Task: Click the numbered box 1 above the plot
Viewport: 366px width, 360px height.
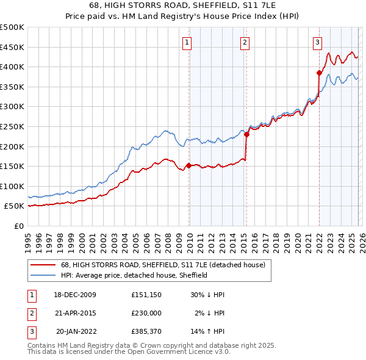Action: tap(186, 43)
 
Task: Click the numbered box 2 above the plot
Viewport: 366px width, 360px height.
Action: tap(245, 43)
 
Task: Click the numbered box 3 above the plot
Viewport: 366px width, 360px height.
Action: tap(318, 43)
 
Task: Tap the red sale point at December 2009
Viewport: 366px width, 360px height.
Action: tap(189, 165)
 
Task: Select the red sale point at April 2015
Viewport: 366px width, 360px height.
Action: tap(246, 134)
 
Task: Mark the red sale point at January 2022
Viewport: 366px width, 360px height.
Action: tap(319, 73)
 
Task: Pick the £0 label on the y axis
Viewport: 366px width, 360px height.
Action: tap(18, 226)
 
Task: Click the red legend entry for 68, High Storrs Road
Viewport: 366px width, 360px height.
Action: tap(163, 265)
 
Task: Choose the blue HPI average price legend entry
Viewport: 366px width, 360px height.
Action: tap(134, 276)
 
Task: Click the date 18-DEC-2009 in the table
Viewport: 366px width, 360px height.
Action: tap(75, 295)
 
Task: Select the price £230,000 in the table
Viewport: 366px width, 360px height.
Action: tap(146, 313)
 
